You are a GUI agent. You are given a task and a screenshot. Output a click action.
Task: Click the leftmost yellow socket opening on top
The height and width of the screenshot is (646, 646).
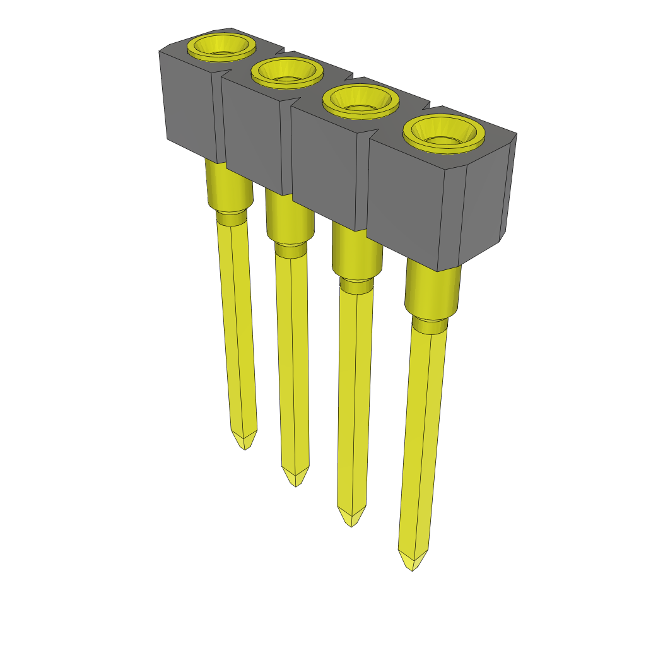click(221, 47)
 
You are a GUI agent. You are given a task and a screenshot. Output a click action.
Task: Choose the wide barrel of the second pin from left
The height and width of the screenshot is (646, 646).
click(288, 218)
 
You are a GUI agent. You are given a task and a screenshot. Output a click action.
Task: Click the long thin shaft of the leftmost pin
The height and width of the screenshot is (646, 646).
click(237, 328)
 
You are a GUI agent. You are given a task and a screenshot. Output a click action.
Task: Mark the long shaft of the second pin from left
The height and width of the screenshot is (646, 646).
click(292, 360)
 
